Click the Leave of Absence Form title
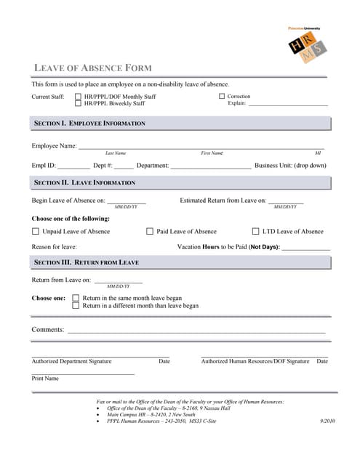(93, 68)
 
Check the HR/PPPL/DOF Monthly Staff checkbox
(78, 96)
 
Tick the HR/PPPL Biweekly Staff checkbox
(78, 103)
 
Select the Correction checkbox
(222, 96)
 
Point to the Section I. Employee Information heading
(89, 124)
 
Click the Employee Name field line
(200, 147)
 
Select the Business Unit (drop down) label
(290, 166)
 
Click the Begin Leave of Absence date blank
(127, 201)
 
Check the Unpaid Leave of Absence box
(36, 232)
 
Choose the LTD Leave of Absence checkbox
(255, 232)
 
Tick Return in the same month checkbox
(76, 298)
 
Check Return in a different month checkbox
(76, 306)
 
